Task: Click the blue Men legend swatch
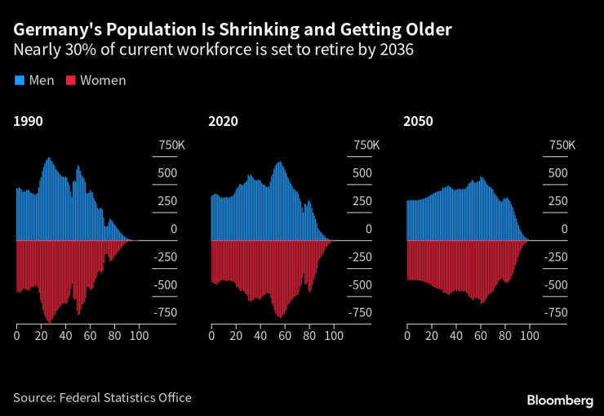tap(19, 80)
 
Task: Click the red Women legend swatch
tap(71, 80)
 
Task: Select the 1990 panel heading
tap(28, 122)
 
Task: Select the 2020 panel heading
tap(223, 122)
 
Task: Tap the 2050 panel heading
tap(418, 122)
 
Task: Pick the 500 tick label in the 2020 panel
tap(362, 173)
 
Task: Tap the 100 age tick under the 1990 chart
tap(139, 335)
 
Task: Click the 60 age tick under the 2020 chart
tap(285, 335)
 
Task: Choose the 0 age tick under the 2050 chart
tap(406, 335)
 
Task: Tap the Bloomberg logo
tap(560, 400)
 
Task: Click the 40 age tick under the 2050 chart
tap(455, 335)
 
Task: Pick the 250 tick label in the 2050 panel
tap(557, 202)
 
